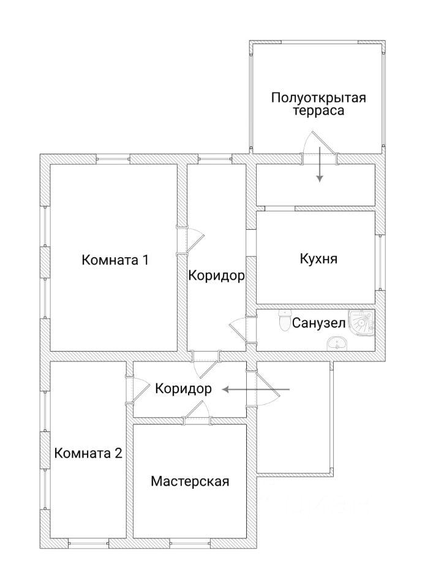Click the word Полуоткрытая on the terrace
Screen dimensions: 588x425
(x=318, y=98)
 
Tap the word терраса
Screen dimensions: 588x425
(x=318, y=111)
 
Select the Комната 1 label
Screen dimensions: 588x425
(x=115, y=260)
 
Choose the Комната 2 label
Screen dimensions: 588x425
(x=88, y=454)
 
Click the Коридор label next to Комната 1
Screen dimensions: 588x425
(x=216, y=276)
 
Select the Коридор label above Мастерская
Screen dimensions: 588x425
(x=183, y=388)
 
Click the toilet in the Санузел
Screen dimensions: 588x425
(x=284, y=320)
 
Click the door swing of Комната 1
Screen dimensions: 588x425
(x=193, y=239)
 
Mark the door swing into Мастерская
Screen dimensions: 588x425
(x=197, y=414)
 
